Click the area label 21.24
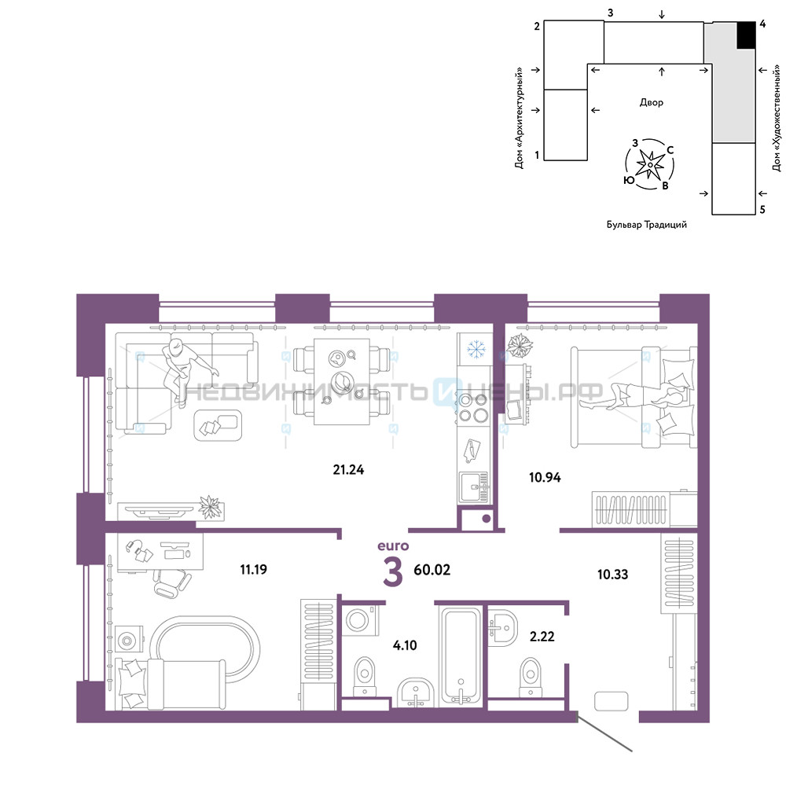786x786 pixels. (x=348, y=470)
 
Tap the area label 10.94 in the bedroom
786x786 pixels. (x=545, y=477)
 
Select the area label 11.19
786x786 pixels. (x=254, y=569)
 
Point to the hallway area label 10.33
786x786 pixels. (x=612, y=575)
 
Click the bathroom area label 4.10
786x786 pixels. (x=405, y=645)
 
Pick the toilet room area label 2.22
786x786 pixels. (x=542, y=637)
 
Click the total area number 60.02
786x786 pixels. (x=432, y=570)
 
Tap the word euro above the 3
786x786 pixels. (x=393, y=546)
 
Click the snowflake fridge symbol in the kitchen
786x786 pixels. (x=476, y=349)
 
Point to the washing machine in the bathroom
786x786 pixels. (x=360, y=620)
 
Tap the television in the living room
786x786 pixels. (x=159, y=511)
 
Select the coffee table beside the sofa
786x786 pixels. (x=218, y=425)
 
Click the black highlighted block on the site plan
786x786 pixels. (x=746, y=35)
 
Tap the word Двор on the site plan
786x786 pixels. (x=651, y=102)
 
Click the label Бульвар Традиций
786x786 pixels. (x=647, y=225)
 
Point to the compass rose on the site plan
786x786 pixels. (x=650, y=164)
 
